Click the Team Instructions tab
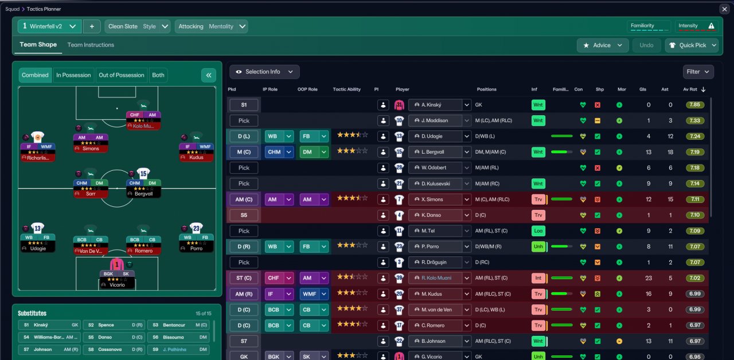click(91, 45)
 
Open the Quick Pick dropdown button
click(692, 45)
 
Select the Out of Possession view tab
click(122, 75)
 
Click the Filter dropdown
click(698, 72)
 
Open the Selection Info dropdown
click(264, 72)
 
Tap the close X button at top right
click(724, 9)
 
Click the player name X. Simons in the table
click(435, 199)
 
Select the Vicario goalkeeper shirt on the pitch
click(116, 265)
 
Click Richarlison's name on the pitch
click(38, 157)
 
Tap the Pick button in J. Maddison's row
click(244, 120)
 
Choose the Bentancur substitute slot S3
click(177, 325)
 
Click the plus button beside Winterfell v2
click(92, 26)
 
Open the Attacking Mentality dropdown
click(212, 26)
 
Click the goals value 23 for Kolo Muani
click(649, 278)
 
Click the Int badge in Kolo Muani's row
click(538, 278)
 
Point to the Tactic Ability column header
click(346, 89)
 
